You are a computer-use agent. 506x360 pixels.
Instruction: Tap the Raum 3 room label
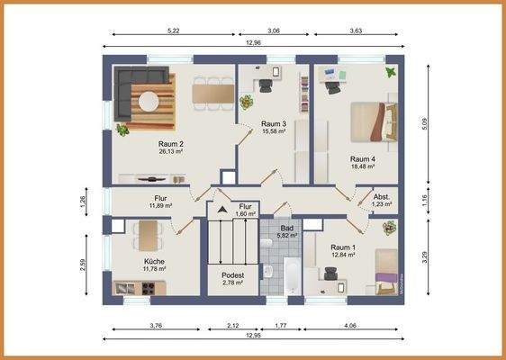click(x=274, y=123)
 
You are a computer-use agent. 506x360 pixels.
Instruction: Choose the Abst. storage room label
click(x=383, y=195)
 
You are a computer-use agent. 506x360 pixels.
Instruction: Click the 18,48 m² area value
click(x=363, y=166)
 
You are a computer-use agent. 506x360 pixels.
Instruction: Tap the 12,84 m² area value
click(x=342, y=256)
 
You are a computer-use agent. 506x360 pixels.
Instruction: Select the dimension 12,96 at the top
click(x=253, y=43)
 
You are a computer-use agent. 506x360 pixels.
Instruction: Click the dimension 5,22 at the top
click(x=174, y=31)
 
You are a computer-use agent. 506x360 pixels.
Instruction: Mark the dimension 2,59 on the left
click(x=83, y=267)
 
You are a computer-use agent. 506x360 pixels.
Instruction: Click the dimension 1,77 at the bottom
click(x=281, y=327)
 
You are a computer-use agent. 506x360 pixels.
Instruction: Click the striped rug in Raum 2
click(x=151, y=99)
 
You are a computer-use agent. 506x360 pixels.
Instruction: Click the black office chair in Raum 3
click(x=267, y=85)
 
